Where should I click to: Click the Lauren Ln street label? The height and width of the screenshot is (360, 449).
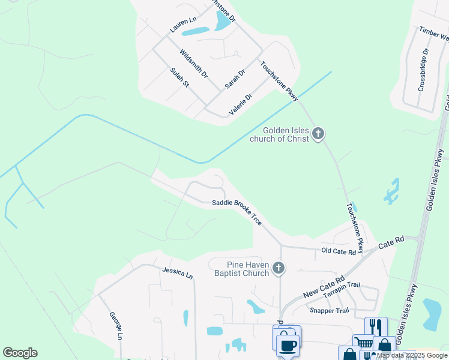point(183,25)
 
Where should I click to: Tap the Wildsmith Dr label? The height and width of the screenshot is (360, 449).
point(193,65)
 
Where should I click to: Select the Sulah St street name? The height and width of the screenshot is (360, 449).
point(179,77)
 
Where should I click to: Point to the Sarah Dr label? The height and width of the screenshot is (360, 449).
point(235,79)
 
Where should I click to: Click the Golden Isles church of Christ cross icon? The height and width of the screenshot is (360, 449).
point(318,133)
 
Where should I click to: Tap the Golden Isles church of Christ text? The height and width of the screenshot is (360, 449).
point(286,134)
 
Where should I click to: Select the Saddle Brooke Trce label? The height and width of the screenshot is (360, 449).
point(237,212)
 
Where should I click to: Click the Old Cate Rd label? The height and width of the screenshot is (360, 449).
point(338,251)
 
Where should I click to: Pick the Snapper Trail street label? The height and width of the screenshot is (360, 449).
point(328,310)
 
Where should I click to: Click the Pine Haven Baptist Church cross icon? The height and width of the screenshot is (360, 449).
point(278,268)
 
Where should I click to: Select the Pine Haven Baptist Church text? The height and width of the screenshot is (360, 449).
point(240,269)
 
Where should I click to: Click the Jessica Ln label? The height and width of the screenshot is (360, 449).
point(178,273)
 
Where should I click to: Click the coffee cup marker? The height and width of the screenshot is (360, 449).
point(287,345)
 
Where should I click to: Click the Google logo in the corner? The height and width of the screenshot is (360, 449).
point(20,353)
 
